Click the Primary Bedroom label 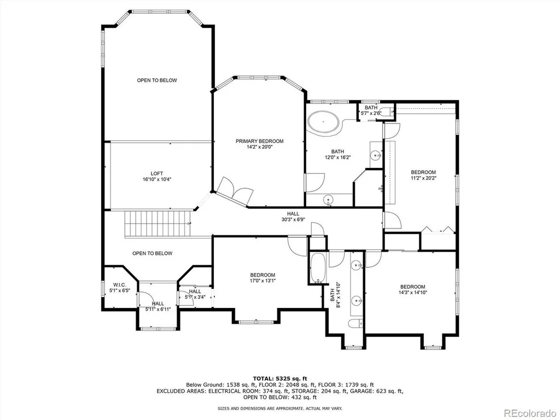260,141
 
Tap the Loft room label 157,173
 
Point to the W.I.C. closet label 120,284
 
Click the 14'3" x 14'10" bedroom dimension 413,292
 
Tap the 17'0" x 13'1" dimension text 262,281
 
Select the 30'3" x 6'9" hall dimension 293,220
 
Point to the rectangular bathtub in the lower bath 318,268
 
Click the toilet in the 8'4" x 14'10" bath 355,324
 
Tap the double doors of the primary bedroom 235,190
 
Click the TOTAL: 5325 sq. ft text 280,378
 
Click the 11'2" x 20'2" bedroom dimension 423,178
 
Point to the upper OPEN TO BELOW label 157,80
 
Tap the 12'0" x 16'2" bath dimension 337,157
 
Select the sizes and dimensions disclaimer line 280,408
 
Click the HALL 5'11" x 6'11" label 158,306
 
